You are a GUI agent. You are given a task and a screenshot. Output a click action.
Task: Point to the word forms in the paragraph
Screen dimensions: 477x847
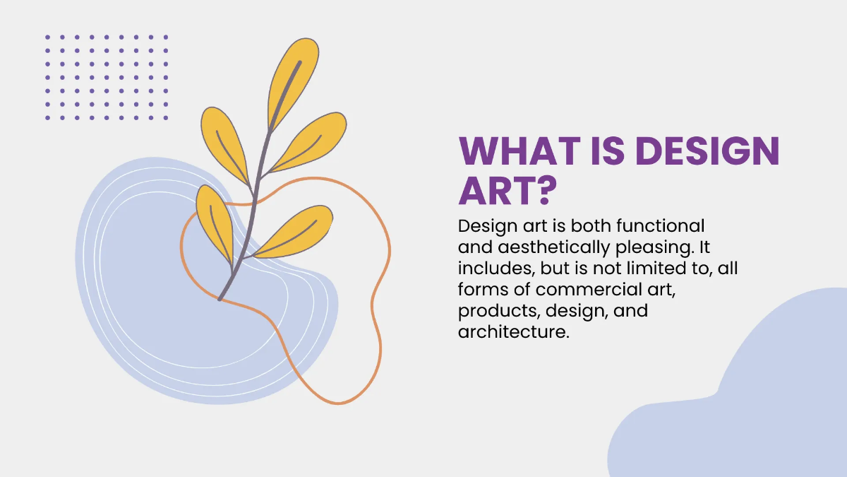pos(484,290)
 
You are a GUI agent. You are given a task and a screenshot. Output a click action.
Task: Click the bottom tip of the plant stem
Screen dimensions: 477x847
pos(220,299)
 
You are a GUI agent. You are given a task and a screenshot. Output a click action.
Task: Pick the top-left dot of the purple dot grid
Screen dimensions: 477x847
pos(48,37)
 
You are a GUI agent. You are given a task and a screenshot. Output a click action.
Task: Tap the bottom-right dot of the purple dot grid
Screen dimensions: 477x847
pos(166,117)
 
